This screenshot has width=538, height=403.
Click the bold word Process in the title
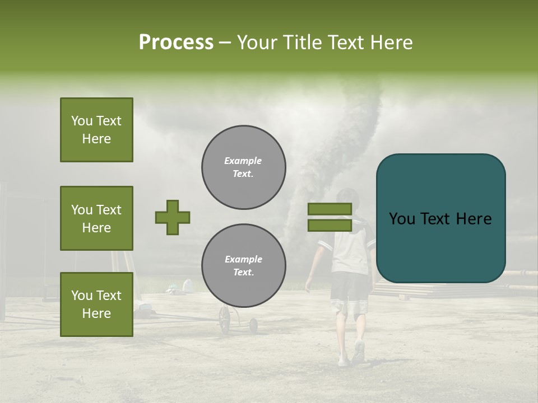(176, 43)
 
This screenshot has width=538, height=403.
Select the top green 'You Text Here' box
(96, 130)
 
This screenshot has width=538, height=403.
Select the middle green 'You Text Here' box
(96, 218)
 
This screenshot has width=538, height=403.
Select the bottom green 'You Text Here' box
(96, 304)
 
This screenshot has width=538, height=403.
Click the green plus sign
(173, 217)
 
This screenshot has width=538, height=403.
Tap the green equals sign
(330, 217)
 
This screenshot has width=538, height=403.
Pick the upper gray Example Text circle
(243, 167)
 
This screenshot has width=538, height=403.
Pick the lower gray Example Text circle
(243, 266)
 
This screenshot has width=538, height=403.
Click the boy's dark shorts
(349, 287)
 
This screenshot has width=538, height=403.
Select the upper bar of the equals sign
(330, 209)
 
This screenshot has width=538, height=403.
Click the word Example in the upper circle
(243, 161)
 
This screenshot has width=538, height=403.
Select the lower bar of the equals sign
(330, 226)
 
